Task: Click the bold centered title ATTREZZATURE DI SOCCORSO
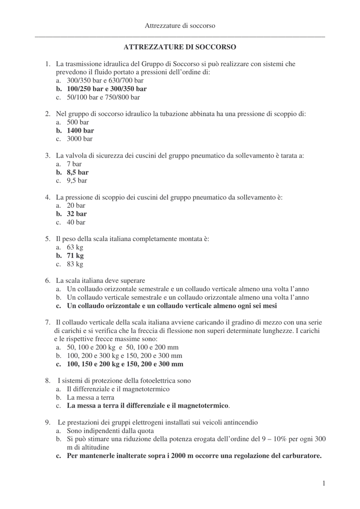180,47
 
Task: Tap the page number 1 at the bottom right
323,483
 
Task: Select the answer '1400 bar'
81,131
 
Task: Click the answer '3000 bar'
80,139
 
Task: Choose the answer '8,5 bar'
78,172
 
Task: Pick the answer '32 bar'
77,214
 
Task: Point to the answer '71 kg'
76,256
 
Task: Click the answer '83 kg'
75,264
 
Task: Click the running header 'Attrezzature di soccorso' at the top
180,25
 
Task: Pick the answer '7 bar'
74,164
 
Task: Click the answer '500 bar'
78,122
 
